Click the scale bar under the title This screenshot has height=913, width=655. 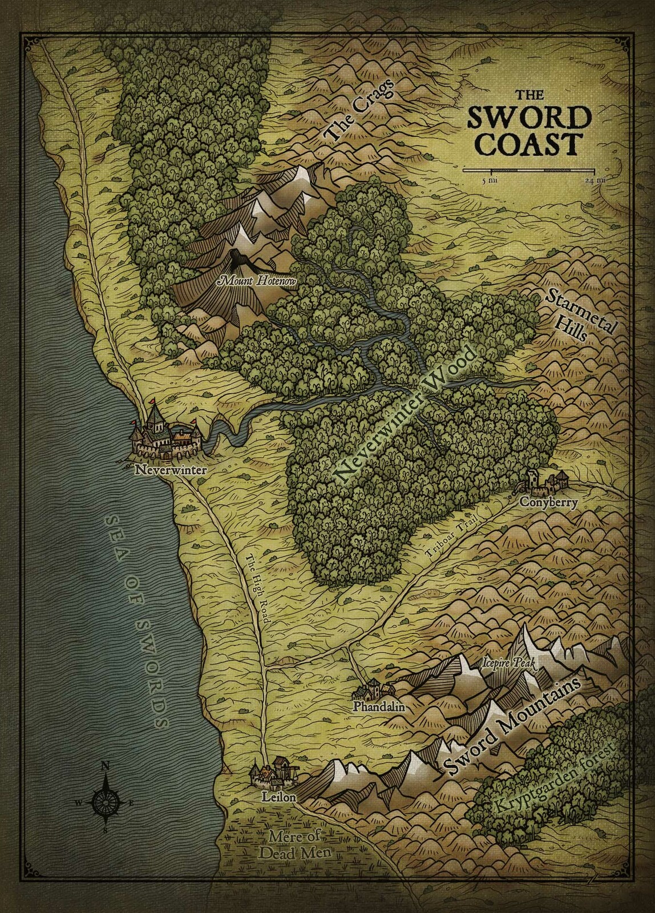click(529, 170)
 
